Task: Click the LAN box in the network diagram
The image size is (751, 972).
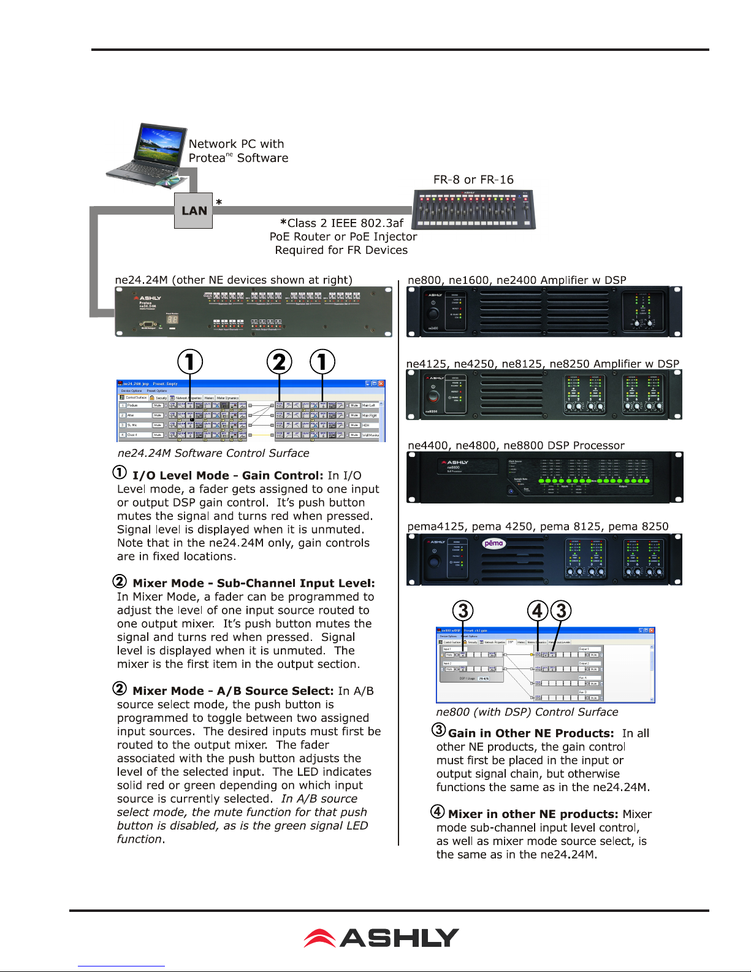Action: tap(193, 210)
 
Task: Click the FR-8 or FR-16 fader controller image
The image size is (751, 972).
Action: tap(473, 209)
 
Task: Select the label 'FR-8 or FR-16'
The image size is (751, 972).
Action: tap(473, 180)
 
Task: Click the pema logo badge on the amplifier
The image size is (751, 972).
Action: tap(494, 543)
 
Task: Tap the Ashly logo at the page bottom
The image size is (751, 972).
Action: tap(381, 938)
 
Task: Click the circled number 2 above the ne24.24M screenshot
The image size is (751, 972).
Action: tap(280, 362)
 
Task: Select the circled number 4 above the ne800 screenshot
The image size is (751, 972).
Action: tap(538, 611)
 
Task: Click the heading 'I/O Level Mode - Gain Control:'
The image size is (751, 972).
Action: tap(227, 475)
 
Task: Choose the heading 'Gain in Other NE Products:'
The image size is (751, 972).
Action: tap(531, 733)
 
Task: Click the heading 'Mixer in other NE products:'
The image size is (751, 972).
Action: tap(533, 814)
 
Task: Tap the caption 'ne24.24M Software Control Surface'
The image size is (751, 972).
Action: tap(213, 453)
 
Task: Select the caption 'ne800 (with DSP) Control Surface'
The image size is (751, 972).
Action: tap(527, 712)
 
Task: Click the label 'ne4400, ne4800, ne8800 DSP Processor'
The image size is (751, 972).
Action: tap(516, 446)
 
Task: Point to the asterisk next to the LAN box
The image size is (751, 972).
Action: tap(219, 202)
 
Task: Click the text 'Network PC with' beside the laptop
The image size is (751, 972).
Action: tap(236, 144)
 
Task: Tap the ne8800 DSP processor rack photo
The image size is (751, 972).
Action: tap(544, 477)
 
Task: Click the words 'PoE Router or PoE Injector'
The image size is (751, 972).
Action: tap(343, 237)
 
